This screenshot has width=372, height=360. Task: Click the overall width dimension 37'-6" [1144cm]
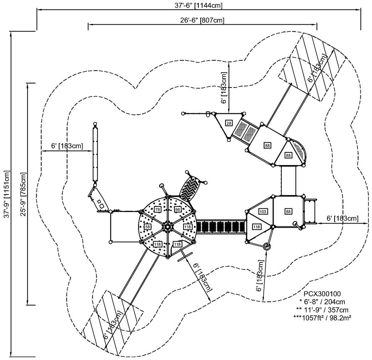pos(198,5)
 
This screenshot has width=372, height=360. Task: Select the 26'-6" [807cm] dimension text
pos(202,20)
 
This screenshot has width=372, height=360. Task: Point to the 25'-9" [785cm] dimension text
pos(23,194)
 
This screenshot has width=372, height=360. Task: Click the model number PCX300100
pos(322,294)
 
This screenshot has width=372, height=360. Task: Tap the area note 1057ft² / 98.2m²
pos(322,318)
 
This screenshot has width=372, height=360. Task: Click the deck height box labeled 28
pos(229,123)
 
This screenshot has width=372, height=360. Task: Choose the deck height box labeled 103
pos(263,211)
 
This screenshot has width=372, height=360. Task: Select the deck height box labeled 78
pos(157,210)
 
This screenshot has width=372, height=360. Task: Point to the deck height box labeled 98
pos(178,210)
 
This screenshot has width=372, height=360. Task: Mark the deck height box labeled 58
pos(147,227)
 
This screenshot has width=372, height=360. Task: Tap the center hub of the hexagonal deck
pos(167,227)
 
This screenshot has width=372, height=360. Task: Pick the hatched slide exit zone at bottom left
pos(113,324)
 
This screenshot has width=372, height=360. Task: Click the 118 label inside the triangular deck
pos(256,227)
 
